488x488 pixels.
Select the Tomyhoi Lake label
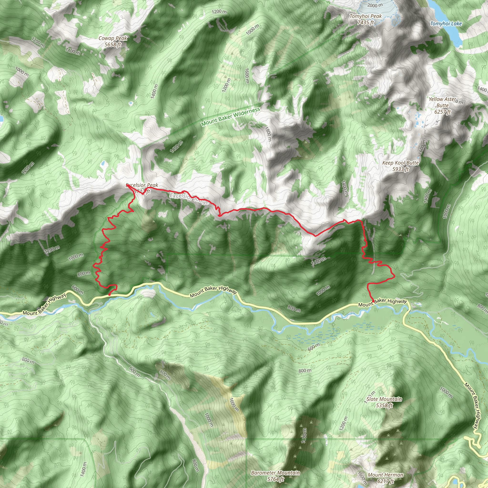tap(446, 24)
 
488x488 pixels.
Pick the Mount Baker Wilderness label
tap(231, 117)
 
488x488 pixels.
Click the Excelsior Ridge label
tap(189, 198)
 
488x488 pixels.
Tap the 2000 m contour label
tap(375, 5)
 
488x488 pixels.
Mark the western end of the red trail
tap(109, 295)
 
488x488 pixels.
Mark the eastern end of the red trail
tap(373, 301)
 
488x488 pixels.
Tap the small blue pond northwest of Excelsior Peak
tap(103, 164)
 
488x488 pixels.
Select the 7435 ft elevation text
tap(366, 22)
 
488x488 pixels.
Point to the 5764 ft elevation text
tap(275, 479)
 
